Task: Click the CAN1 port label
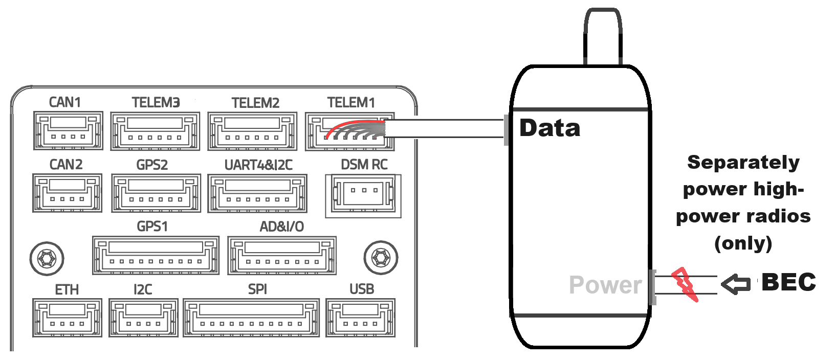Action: tap(64, 102)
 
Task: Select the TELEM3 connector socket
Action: tap(155, 131)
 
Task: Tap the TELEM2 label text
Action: tap(255, 103)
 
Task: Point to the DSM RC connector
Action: tap(363, 194)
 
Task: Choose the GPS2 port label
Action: tap(152, 165)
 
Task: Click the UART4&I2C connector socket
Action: tap(257, 193)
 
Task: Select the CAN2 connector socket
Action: tap(67, 193)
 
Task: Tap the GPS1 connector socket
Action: tap(156, 256)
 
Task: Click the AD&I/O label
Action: tap(281, 227)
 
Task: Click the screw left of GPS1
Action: tap(47, 258)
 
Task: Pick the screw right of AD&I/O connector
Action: tap(381, 257)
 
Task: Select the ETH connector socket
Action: tap(67, 318)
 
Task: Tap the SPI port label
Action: tap(257, 289)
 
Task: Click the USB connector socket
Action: tap(360, 318)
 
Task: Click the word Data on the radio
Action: tap(550, 128)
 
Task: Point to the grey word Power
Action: tap(605, 285)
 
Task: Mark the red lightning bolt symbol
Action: tap(685, 284)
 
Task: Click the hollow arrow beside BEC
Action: tap(735, 284)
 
